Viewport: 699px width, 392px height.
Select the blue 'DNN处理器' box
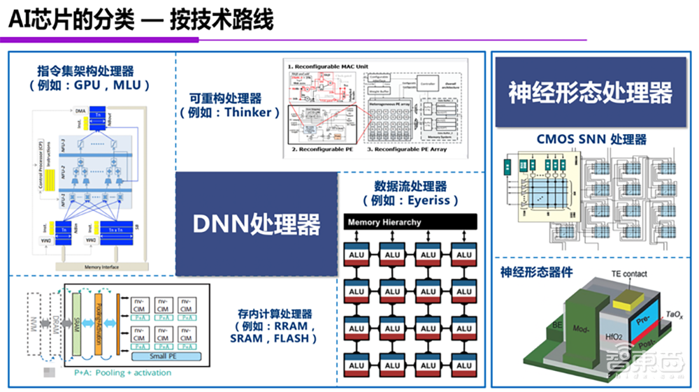coord(256,224)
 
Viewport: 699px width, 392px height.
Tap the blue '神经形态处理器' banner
coord(590,92)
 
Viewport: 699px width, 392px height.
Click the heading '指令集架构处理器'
coord(85,71)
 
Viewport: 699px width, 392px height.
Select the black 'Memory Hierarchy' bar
coord(410,222)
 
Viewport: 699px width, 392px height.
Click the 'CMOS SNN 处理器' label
coord(591,139)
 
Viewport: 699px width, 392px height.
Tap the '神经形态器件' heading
coord(532,271)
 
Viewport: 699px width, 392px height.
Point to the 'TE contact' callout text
coord(629,274)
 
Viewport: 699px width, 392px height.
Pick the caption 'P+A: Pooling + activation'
coord(122,372)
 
